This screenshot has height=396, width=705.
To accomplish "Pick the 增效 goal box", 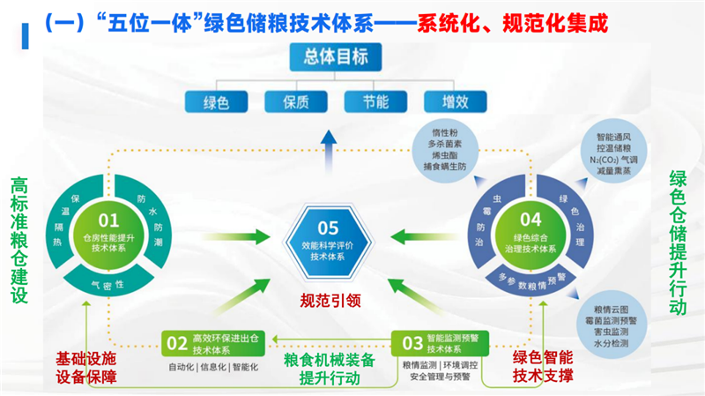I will (452, 101).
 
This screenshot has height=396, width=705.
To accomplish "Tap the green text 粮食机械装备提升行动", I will (330, 369).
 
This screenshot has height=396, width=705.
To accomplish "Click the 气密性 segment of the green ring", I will (108, 283).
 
